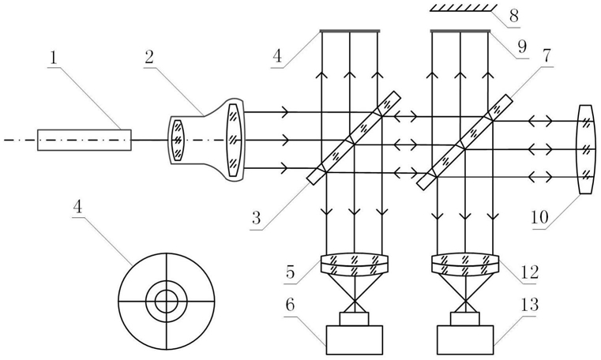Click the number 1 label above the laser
point(53,58)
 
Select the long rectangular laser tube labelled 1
point(85,140)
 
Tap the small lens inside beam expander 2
point(178,141)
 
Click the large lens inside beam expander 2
point(234,141)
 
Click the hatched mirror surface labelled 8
point(464,8)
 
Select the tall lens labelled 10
point(585,149)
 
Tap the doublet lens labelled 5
point(355,264)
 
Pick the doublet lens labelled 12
point(465,264)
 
